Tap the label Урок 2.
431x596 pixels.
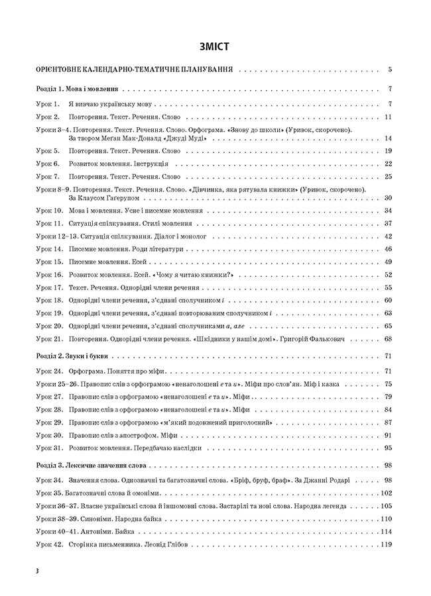pyautogui.click(x=48, y=117)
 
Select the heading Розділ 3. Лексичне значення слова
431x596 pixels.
pyautogui.click(x=92, y=466)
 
